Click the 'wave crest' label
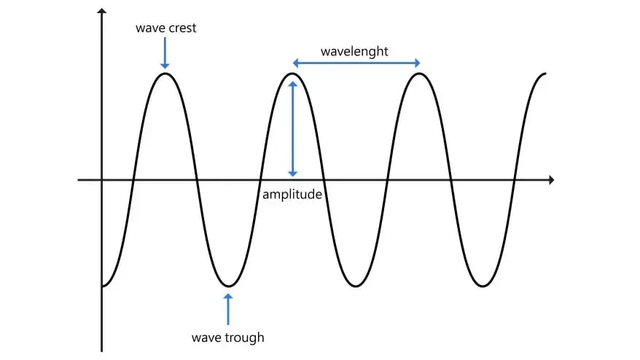tap(165, 28)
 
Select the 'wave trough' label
tap(227, 337)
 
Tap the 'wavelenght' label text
tap(354, 52)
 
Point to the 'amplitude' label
tap(292, 195)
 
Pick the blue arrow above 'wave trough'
tap(228, 309)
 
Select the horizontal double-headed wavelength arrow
tap(356, 63)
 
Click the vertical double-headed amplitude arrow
tap(293, 128)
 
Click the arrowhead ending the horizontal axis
tap(550, 179)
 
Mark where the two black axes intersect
tap(102, 179)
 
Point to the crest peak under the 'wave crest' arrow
tap(165, 73)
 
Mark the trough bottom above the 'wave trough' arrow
tap(228, 286)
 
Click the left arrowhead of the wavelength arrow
tap(295, 63)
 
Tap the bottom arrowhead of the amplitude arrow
tap(293, 173)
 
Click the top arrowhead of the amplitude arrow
tap(293, 84)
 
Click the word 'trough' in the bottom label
tap(246, 337)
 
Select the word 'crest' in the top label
tap(181, 28)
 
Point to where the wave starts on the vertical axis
tap(103, 286)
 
